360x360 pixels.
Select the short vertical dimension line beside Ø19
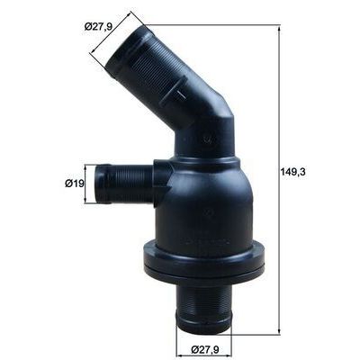click(x=87, y=184)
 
